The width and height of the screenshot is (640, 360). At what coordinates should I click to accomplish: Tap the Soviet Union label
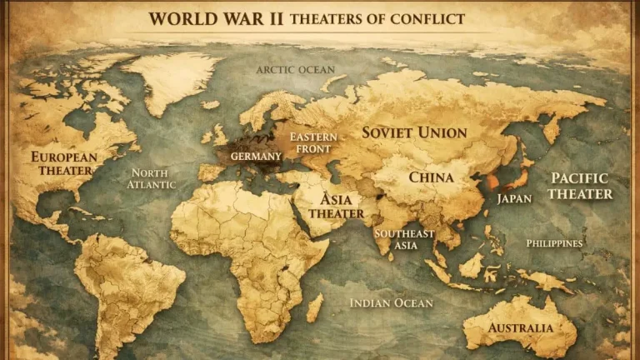pos(413,132)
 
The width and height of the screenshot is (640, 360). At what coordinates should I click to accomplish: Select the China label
pos(431,177)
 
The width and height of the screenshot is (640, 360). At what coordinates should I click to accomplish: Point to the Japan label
pos(514,199)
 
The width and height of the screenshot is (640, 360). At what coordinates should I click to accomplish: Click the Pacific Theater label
pos(581,186)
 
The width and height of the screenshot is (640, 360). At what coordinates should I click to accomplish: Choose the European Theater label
pos(64,163)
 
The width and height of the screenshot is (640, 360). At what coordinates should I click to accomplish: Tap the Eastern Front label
pos(310,142)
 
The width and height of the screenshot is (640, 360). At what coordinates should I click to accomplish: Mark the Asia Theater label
pos(337,206)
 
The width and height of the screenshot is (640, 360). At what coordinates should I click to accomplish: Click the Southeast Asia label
pos(404,239)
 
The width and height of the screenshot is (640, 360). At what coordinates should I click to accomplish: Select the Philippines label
pos(554,243)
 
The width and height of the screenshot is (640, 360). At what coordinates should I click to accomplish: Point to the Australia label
pos(520,327)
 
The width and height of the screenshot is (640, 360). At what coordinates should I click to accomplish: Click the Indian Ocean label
pos(391,303)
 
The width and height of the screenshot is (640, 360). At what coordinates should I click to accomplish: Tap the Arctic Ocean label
pos(295,70)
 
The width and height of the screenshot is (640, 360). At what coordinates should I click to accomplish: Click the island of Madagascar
pos(314,307)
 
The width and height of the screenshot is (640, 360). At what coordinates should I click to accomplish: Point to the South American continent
pos(125,287)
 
